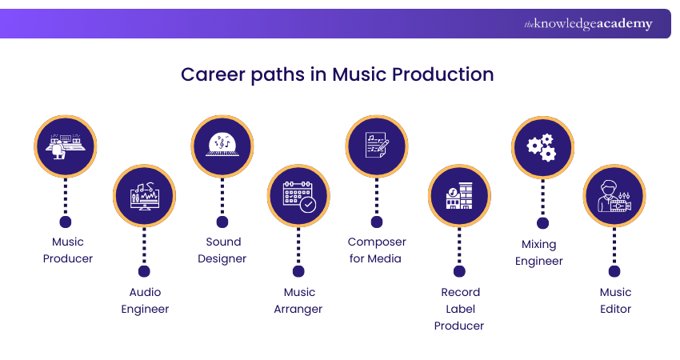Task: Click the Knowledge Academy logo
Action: tap(588, 24)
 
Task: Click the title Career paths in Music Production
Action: tap(337, 74)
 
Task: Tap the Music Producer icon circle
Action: tap(66, 146)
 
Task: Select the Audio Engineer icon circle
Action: tap(144, 196)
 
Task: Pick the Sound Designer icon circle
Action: tap(222, 146)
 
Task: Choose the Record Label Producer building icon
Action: tap(459, 196)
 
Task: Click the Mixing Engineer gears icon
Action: tap(542, 147)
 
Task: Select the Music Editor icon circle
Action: tap(614, 196)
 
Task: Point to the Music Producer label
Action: tap(68, 250)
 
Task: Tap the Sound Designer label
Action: tap(222, 250)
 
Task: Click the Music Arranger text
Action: tap(299, 301)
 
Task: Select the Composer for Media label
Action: tap(377, 250)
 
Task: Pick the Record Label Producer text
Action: tap(459, 309)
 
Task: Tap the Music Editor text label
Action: tap(615, 301)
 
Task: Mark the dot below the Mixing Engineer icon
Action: tap(542, 222)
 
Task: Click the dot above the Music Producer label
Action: tap(66, 222)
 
